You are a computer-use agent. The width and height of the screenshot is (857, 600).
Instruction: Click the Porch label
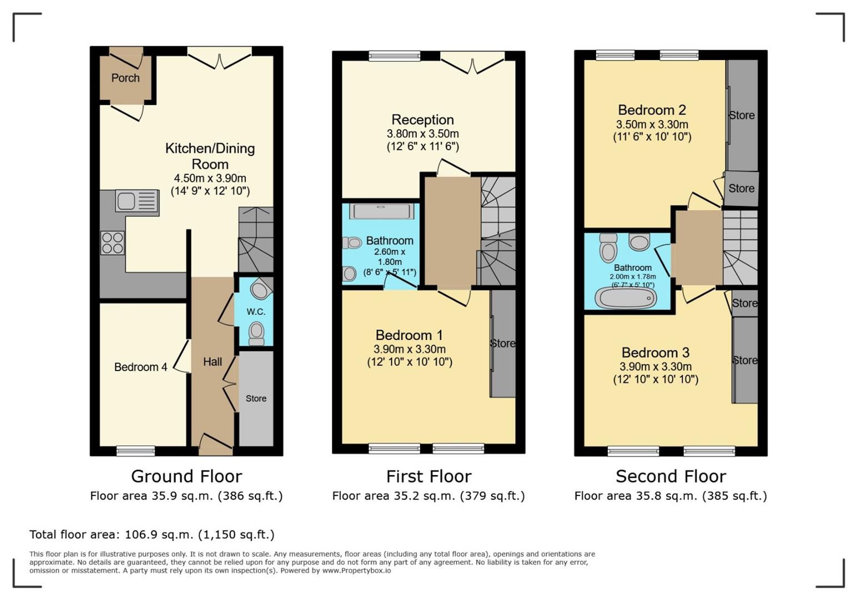[x=125, y=78]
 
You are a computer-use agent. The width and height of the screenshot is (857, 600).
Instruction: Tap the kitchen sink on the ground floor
[x=137, y=201]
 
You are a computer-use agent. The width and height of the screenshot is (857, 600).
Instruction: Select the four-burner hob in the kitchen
[x=113, y=243]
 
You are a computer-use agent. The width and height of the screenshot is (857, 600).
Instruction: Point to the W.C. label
[x=255, y=312]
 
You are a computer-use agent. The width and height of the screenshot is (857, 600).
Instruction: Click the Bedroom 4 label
[x=141, y=367]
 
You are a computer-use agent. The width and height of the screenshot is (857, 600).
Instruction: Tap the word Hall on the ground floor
[x=213, y=362]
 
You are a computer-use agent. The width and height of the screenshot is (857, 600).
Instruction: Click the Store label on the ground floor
[x=256, y=398]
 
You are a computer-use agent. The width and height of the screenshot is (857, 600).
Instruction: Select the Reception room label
[x=423, y=120]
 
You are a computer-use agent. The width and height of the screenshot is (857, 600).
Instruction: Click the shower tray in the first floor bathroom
[x=381, y=211]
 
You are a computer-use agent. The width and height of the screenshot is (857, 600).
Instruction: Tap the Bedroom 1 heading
[x=409, y=335]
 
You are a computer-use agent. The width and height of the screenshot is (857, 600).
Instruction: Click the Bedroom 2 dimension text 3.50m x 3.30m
[x=652, y=124]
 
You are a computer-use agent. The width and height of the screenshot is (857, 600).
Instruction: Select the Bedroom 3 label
[x=656, y=352]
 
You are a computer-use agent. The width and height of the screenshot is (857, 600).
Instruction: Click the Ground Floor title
[x=186, y=477]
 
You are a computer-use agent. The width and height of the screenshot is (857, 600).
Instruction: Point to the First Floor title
[x=429, y=477]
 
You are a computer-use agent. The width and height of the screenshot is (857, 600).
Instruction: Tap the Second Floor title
[x=671, y=477]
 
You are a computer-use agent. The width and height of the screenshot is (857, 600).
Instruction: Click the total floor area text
[x=152, y=534]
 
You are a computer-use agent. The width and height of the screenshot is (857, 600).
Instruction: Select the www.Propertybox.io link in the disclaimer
[x=356, y=571]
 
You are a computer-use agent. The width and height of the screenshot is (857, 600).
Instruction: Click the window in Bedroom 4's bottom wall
[x=136, y=451]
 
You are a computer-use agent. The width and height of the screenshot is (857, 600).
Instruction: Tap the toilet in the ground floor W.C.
[x=256, y=333]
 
